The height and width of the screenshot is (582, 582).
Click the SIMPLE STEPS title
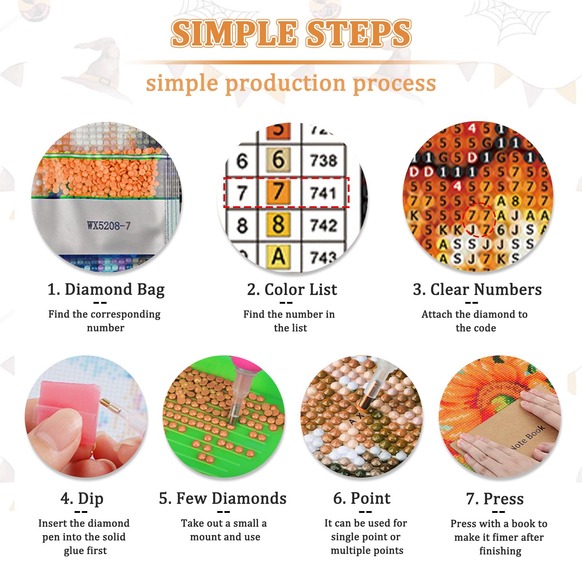tap(291, 33)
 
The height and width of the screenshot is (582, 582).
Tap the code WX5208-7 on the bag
tap(108, 226)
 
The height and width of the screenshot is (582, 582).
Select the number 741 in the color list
tap(323, 193)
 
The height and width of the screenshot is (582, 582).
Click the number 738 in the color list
tap(323, 160)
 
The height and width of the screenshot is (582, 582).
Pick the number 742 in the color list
tap(323, 226)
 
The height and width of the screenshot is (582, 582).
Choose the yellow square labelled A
tap(279, 256)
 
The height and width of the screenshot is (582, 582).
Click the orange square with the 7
tap(279, 192)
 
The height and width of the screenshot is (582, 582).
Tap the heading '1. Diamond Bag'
tap(106, 290)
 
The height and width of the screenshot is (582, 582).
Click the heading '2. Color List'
tap(292, 290)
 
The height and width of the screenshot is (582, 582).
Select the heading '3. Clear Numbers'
tap(477, 290)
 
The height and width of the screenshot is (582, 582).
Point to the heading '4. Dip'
tap(82, 499)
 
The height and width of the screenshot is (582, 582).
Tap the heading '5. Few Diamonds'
tap(223, 498)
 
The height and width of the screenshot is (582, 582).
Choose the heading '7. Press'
tap(495, 499)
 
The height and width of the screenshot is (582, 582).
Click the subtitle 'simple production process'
tap(291, 83)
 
